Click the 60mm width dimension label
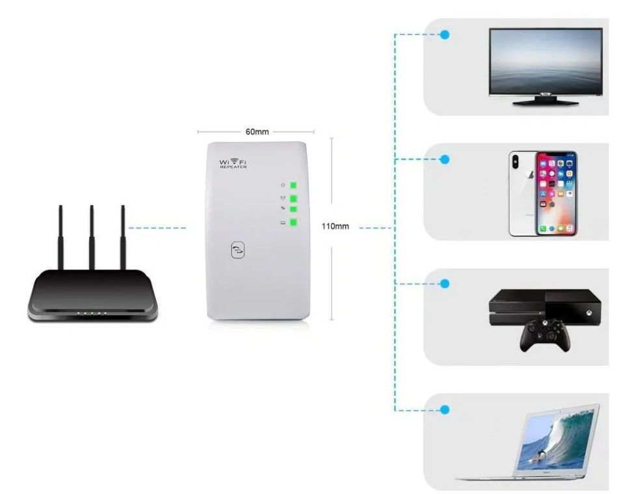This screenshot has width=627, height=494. click(256, 132)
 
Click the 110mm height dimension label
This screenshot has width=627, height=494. click(336, 226)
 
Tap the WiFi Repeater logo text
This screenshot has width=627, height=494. click(233, 163)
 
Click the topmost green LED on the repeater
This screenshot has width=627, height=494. click(293, 185)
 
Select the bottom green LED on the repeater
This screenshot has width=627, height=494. click(293, 224)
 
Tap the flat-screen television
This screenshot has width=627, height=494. click(545, 62)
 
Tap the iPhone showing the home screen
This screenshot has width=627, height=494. click(556, 193)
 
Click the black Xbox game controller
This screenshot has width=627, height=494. click(548, 336)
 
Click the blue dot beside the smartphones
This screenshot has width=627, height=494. click(445, 159)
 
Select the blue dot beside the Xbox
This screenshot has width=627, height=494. click(445, 284)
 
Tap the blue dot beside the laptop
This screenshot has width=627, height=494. click(445, 409)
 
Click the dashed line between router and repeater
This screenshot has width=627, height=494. click(157, 228)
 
